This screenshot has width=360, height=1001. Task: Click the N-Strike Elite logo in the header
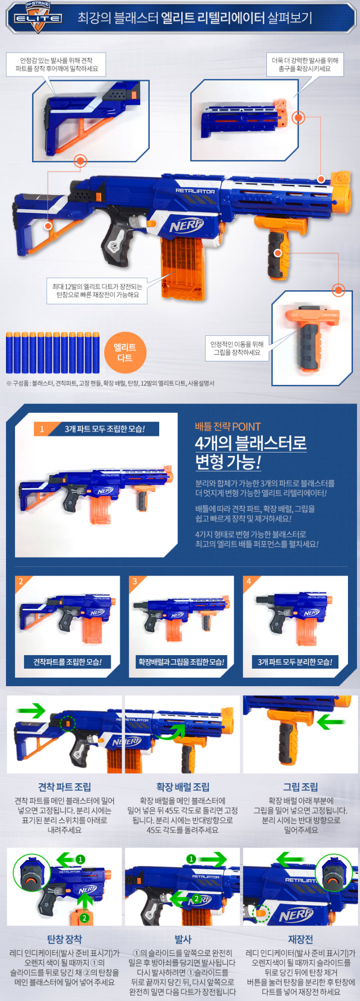pyautogui.click(x=38, y=18)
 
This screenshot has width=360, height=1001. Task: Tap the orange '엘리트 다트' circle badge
pyautogui.click(x=125, y=352)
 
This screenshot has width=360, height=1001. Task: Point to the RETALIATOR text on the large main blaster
pyautogui.click(x=195, y=191)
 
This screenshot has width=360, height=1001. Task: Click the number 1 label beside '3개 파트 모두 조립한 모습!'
pyautogui.click(x=42, y=429)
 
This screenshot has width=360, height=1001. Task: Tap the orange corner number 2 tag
pyautogui.click(x=21, y=582)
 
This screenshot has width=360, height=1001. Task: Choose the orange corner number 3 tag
pyautogui.click(x=135, y=582)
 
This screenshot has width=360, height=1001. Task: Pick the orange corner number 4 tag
pyautogui.click(x=249, y=582)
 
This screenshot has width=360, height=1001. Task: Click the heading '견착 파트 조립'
pyautogui.click(x=65, y=787)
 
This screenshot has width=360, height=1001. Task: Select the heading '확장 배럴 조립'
pyautogui.click(x=183, y=787)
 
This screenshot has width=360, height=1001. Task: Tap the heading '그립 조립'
pyautogui.click(x=300, y=787)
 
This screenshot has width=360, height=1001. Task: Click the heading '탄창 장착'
pyautogui.click(x=65, y=939)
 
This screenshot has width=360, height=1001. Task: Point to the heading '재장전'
pyautogui.click(x=300, y=939)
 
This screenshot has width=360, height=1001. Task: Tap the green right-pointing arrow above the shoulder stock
pyautogui.click(x=31, y=710)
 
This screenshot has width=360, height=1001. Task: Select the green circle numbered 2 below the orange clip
pyautogui.click(x=85, y=918)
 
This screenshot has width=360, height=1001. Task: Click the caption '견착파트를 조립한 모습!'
pyautogui.click(x=67, y=662)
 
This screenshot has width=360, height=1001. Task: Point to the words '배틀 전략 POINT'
pyautogui.click(x=228, y=426)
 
